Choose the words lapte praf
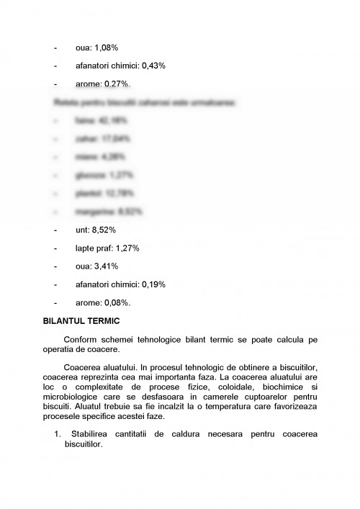click(x=94, y=248)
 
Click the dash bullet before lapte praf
click(x=56, y=248)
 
